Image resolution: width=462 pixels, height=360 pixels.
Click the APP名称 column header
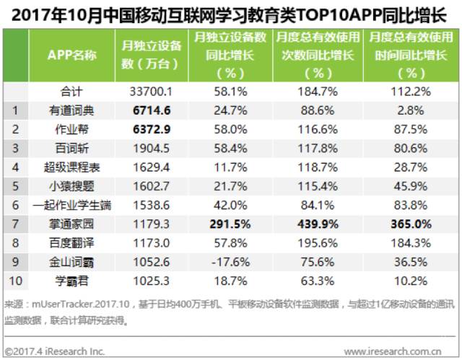pos(72,55)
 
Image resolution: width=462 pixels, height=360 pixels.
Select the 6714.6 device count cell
pos(152,110)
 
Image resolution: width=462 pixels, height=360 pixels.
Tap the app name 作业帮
pos(72,129)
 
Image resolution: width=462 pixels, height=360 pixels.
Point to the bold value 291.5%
pos(230,224)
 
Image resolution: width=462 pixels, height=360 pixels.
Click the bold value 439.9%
pos(318,224)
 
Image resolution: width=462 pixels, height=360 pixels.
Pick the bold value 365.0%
pos(411,224)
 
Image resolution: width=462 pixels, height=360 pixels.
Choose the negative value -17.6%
pos(231,262)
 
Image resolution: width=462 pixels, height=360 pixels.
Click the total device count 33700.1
pos(151,92)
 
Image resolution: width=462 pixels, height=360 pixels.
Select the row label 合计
pos(71,92)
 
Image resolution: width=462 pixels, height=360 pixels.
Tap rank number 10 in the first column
pos(16,281)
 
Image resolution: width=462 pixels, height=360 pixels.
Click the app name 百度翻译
pos(71,243)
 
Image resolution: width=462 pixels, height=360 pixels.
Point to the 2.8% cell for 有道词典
pos(411,110)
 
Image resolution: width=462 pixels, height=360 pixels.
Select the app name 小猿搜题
pos(71,186)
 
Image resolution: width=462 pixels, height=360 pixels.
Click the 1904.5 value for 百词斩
pos(152,149)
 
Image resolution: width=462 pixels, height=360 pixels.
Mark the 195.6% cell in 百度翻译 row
pos(318,243)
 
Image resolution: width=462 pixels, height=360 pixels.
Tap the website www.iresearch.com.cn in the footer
pos(393,351)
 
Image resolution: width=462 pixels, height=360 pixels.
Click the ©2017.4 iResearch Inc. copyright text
pos(55,351)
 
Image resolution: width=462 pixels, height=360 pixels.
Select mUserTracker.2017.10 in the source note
pos(81,304)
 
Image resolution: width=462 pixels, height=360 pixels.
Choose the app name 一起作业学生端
pos(72,205)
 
